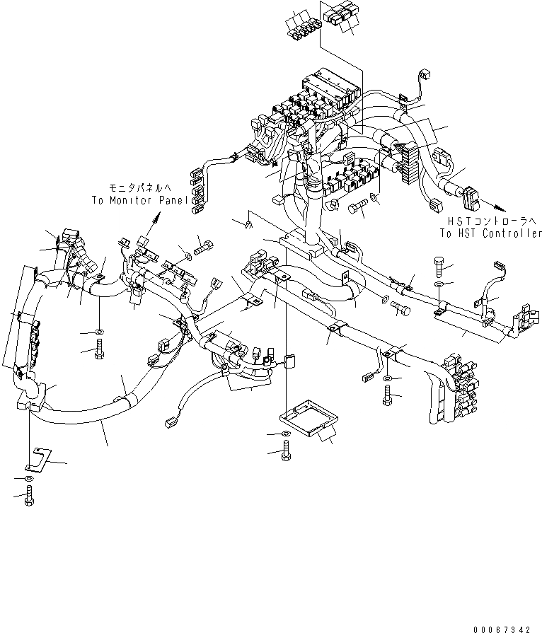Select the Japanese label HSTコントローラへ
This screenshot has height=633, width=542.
pos(489,221)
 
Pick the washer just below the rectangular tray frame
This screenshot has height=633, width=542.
pos(284,434)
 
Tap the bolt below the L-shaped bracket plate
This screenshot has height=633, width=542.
pos(29,496)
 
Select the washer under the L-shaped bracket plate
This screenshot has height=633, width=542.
pos(28,479)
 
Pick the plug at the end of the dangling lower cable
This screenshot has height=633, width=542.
pos(171,424)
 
